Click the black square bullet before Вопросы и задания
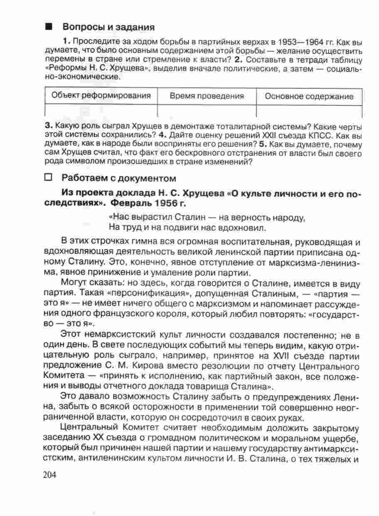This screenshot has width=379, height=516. pos(49,27)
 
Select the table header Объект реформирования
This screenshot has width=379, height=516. pos(101,96)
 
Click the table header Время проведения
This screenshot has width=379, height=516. pos(207,96)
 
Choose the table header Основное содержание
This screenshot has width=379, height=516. pos(309,96)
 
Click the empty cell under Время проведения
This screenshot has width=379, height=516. pos(207,111)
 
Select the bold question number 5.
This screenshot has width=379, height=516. pos(261,144)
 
